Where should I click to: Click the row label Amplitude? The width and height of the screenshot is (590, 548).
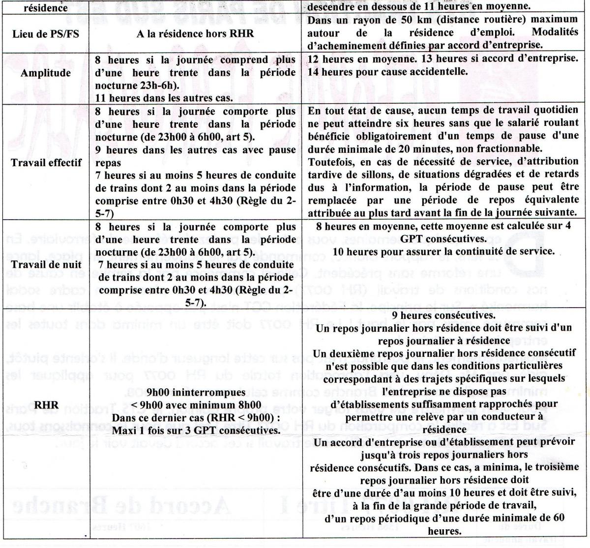[x=44, y=73]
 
